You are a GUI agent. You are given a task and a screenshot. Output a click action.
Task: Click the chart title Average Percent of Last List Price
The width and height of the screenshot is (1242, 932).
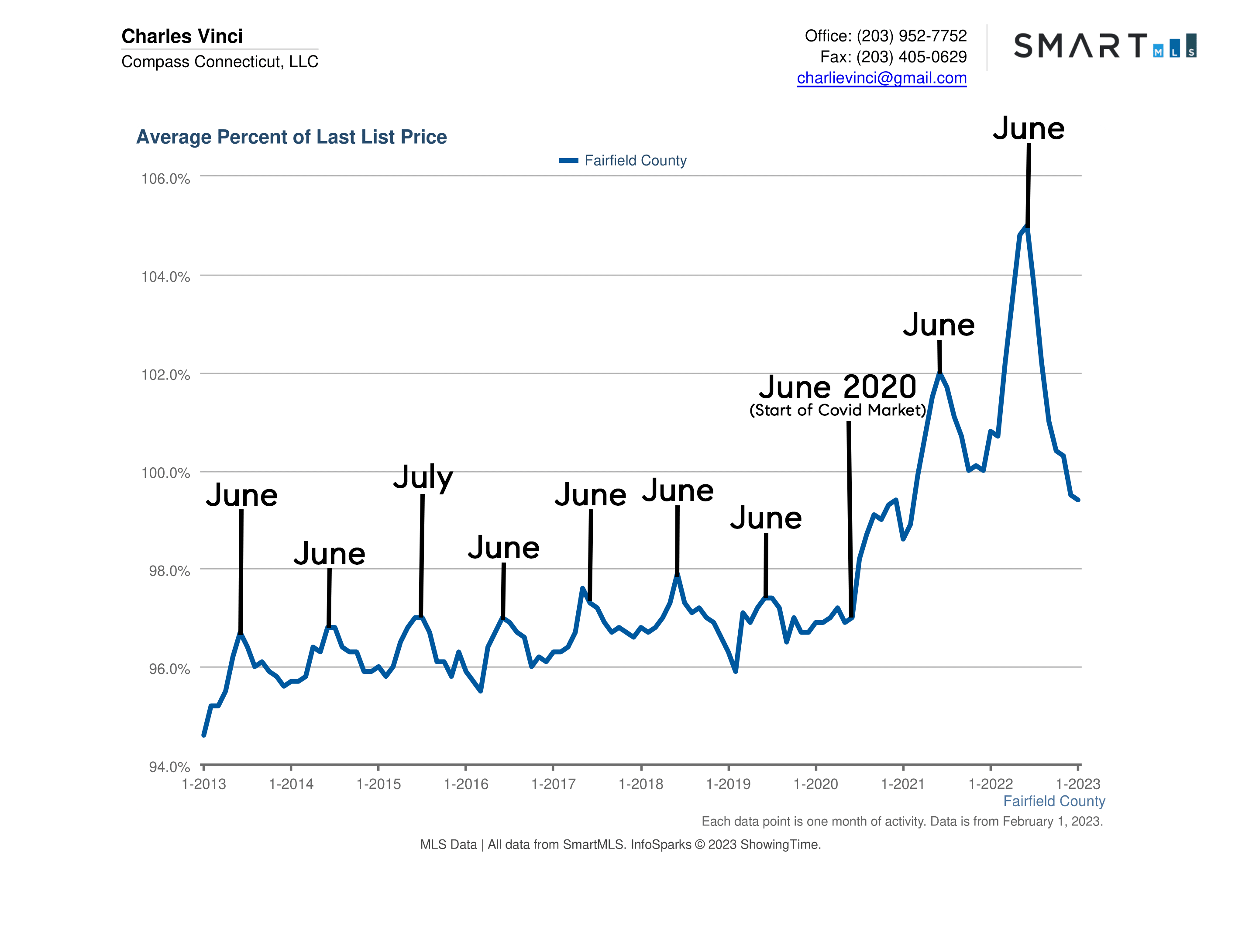[x=292, y=137]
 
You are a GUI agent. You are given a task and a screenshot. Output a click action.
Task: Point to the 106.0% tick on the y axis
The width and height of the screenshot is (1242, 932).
[x=165, y=179]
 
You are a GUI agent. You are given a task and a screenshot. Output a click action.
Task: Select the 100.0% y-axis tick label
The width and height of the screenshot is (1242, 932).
[x=165, y=473]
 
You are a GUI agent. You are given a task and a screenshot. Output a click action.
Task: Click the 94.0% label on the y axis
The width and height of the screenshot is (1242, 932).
[x=169, y=767]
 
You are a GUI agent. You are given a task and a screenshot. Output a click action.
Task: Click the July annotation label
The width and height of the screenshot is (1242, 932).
[x=423, y=477]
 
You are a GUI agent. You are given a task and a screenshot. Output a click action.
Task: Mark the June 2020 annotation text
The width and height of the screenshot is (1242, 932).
[x=837, y=387]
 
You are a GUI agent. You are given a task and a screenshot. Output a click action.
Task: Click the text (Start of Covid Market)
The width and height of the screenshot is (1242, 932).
[x=837, y=410]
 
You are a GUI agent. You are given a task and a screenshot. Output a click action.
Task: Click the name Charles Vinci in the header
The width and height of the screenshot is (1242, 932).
[x=182, y=36]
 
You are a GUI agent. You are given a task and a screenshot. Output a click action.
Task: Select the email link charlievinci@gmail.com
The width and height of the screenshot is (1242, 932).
[x=881, y=78]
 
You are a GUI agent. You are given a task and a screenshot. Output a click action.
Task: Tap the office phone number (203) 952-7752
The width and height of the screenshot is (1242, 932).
[x=911, y=36]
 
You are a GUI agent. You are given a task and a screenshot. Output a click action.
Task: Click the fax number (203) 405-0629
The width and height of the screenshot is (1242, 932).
[x=911, y=57]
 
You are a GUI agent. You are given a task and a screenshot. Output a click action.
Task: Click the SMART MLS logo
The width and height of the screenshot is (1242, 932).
[x=1104, y=45]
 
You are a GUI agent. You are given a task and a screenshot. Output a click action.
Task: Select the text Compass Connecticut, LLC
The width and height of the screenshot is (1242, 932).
[x=220, y=61]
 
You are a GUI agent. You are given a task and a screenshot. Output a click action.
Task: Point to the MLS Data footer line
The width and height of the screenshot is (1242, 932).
[x=620, y=844]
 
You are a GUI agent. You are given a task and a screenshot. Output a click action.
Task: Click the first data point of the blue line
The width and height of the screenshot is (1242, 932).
[x=204, y=735]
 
